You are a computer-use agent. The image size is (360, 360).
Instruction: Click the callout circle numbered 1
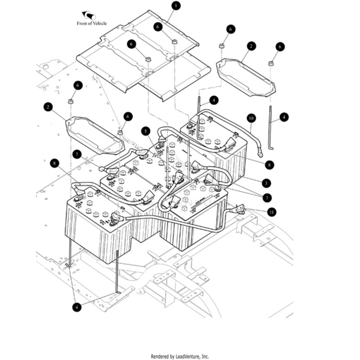(176, 6)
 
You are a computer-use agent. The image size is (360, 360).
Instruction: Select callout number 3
(267, 183)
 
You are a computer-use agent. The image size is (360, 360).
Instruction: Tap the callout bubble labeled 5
(145, 131)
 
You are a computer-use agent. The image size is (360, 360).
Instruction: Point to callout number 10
(251, 118)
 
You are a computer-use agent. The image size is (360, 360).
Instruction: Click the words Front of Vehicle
(92, 23)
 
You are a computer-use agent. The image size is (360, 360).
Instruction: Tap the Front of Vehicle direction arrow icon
(88, 16)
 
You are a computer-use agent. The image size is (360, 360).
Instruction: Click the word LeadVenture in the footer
(187, 356)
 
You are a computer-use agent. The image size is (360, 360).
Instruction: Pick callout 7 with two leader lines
(267, 198)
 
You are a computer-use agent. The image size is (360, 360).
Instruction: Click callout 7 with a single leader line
(77, 154)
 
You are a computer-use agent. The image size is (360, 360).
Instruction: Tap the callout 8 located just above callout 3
(269, 165)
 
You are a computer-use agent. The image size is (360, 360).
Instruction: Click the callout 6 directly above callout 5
(128, 117)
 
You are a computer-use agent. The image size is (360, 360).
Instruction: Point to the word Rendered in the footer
(160, 356)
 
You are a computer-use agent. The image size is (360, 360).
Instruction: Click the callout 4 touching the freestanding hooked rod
(283, 117)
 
